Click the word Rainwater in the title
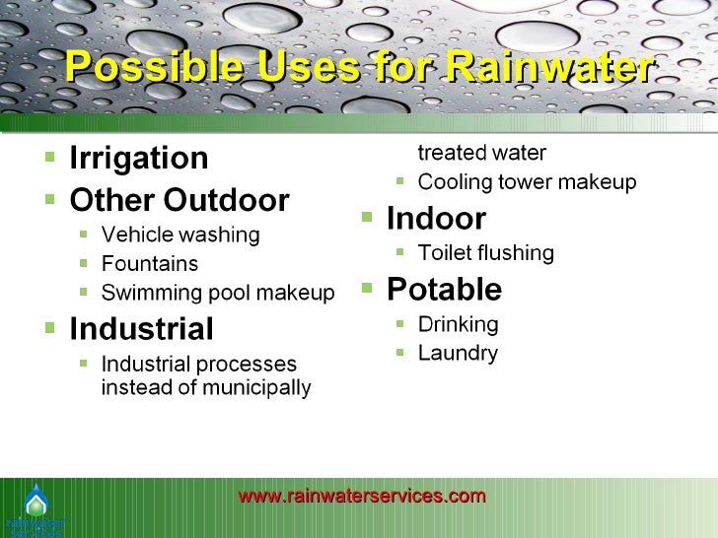click(x=547, y=69)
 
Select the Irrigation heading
click(x=138, y=158)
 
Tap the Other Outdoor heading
click(x=179, y=200)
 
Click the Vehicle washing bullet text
click(x=180, y=235)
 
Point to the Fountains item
click(x=149, y=264)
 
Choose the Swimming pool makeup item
click(x=218, y=293)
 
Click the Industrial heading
click(x=141, y=328)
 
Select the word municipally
click(x=255, y=387)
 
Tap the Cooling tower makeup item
click(x=527, y=182)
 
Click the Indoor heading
click(x=435, y=218)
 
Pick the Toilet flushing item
click(x=485, y=253)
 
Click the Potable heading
click(x=444, y=289)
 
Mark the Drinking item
click(x=458, y=324)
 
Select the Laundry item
click(x=458, y=353)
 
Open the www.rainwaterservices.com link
click(x=362, y=496)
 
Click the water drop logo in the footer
click(x=35, y=503)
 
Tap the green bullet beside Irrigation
click(x=50, y=156)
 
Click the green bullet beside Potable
click(x=367, y=288)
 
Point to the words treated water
click(x=481, y=153)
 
